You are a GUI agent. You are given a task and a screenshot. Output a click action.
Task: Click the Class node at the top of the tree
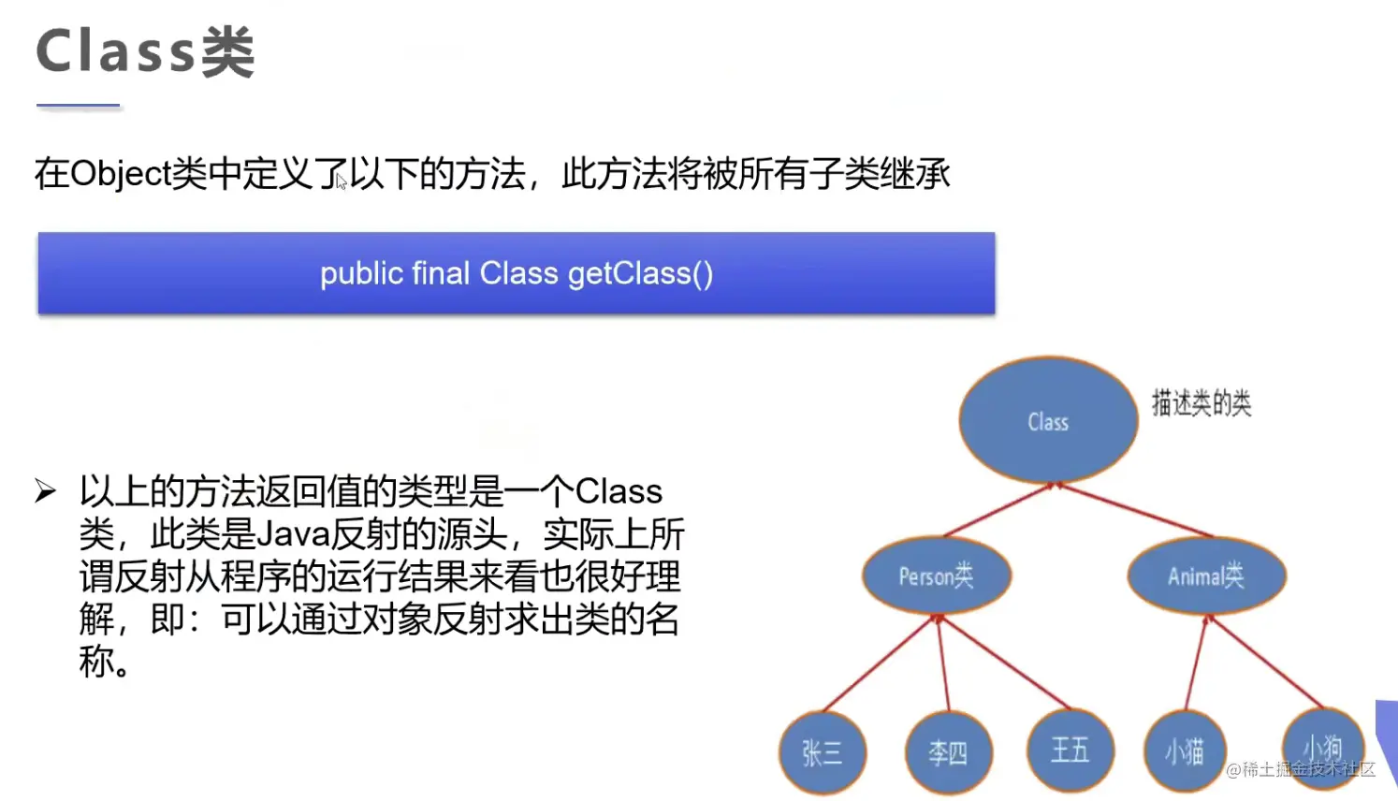coord(1048,420)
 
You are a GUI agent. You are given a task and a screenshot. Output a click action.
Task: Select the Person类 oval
coord(937,575)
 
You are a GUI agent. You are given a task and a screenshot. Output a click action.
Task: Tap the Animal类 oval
coord(1206,575)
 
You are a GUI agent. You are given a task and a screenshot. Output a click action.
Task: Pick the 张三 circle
coord(823,752)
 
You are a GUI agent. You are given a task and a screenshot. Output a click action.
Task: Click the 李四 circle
coord(949,752)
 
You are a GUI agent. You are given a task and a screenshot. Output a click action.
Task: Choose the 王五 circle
coord(1071,750)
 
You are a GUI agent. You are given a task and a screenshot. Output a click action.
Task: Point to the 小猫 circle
coord(1186,751)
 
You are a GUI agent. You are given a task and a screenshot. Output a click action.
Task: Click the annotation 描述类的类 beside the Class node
coord(1201,402)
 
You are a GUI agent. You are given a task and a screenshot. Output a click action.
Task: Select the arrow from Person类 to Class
coord(998,509)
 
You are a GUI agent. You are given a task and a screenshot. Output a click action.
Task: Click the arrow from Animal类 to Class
coord(1133,509)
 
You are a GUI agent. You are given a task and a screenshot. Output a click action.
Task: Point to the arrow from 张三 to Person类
coord(880,663)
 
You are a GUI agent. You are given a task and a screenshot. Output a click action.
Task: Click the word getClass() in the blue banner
coord(640,274)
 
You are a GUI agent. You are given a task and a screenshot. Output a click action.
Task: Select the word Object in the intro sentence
coord(121,173)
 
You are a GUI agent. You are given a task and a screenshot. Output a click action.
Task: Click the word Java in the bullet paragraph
coord(293,534)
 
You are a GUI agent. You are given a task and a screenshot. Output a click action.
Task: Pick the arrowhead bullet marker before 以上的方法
coord(46,490)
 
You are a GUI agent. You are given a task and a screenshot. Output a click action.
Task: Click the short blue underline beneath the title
coord(78,106)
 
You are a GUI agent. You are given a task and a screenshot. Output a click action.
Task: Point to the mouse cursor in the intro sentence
coord(341,182)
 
